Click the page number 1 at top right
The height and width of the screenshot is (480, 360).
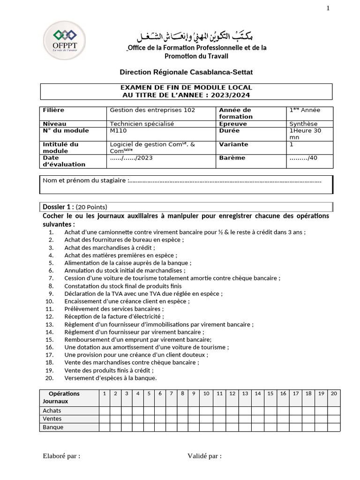click(328, 8)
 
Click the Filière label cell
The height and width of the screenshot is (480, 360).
click(53, 110)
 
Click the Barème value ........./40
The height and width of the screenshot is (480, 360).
click(303, 158)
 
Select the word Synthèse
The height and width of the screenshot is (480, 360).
click(303, 124)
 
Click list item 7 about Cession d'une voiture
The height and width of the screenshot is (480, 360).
click(172, 278)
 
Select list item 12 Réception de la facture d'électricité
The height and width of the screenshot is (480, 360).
click(114, 316)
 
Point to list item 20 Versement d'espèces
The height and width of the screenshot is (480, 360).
click(110, 378)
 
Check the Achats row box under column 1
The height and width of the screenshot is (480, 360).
click(104, 411)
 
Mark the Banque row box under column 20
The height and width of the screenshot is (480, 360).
click(333, 427)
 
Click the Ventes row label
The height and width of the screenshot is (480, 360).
click(52, 419)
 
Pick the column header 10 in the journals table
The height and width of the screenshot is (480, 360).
click(206, 394)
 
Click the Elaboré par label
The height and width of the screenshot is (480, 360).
click(61, 456)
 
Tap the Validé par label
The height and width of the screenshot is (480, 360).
click(204, 456)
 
